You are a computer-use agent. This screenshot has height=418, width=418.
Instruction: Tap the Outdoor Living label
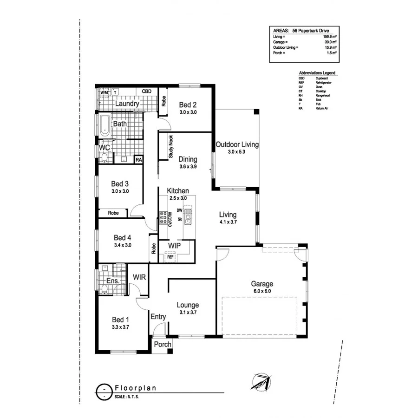[x=237, y=144]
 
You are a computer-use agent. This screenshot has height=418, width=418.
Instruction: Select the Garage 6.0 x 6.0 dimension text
[x=262, y=291]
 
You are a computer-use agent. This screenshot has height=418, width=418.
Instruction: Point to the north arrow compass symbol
[x=261, y=381]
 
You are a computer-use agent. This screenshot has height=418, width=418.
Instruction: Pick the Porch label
[x=163, y=344]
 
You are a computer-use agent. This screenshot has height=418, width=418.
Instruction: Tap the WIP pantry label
[x=175, y=245]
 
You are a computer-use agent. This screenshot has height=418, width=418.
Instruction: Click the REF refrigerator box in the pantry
[x=170, y=256]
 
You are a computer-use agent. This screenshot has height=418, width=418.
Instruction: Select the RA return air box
[x=138, y=160]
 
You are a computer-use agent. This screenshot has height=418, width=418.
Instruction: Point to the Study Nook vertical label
[x=170, y=147]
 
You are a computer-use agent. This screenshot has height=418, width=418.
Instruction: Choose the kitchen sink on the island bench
[x=188, y=215]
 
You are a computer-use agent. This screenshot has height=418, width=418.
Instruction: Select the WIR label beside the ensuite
[x=140, y=277]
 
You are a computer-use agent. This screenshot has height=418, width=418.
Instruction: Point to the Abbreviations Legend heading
[x=317, y=73]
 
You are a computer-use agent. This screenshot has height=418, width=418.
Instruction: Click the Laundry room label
[x=127, y=104]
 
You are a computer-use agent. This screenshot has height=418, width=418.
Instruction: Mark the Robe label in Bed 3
[x=113, y=213]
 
